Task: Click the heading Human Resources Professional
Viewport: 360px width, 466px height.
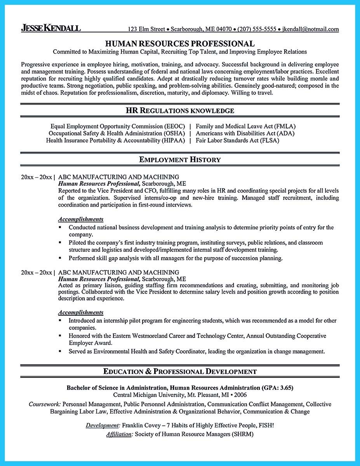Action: (180, 43)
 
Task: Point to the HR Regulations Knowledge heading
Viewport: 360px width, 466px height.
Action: (180, 111)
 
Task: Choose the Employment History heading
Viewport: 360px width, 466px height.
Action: (180, 160)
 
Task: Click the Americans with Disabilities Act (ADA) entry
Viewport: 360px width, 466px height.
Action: (245, 134)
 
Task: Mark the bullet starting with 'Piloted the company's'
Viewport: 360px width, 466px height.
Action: (60, 242)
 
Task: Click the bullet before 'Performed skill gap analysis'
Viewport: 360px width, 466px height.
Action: (60, 258)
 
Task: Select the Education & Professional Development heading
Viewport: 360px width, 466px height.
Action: (180, 372)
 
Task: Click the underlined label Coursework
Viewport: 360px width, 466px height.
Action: (44, 404)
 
